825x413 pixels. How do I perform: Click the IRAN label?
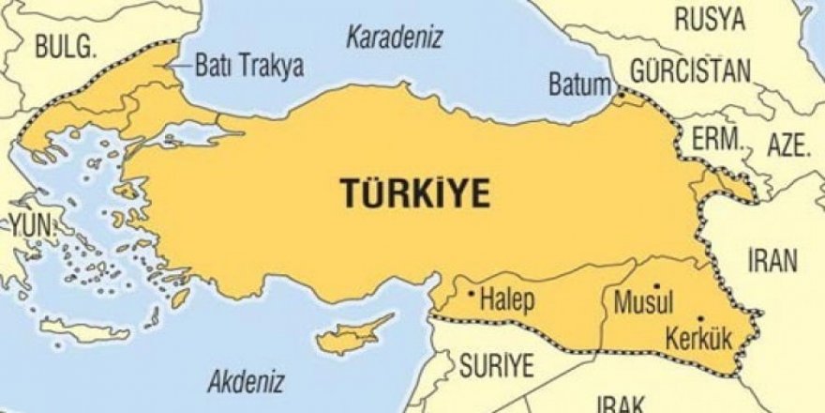(772, 260)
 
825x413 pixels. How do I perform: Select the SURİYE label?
(495, 363)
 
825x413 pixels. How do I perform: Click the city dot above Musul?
(657, 285)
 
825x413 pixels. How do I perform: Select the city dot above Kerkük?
(700, 318)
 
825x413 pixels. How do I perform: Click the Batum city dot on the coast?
(619, 94)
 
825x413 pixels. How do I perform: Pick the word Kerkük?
(690, 335)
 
